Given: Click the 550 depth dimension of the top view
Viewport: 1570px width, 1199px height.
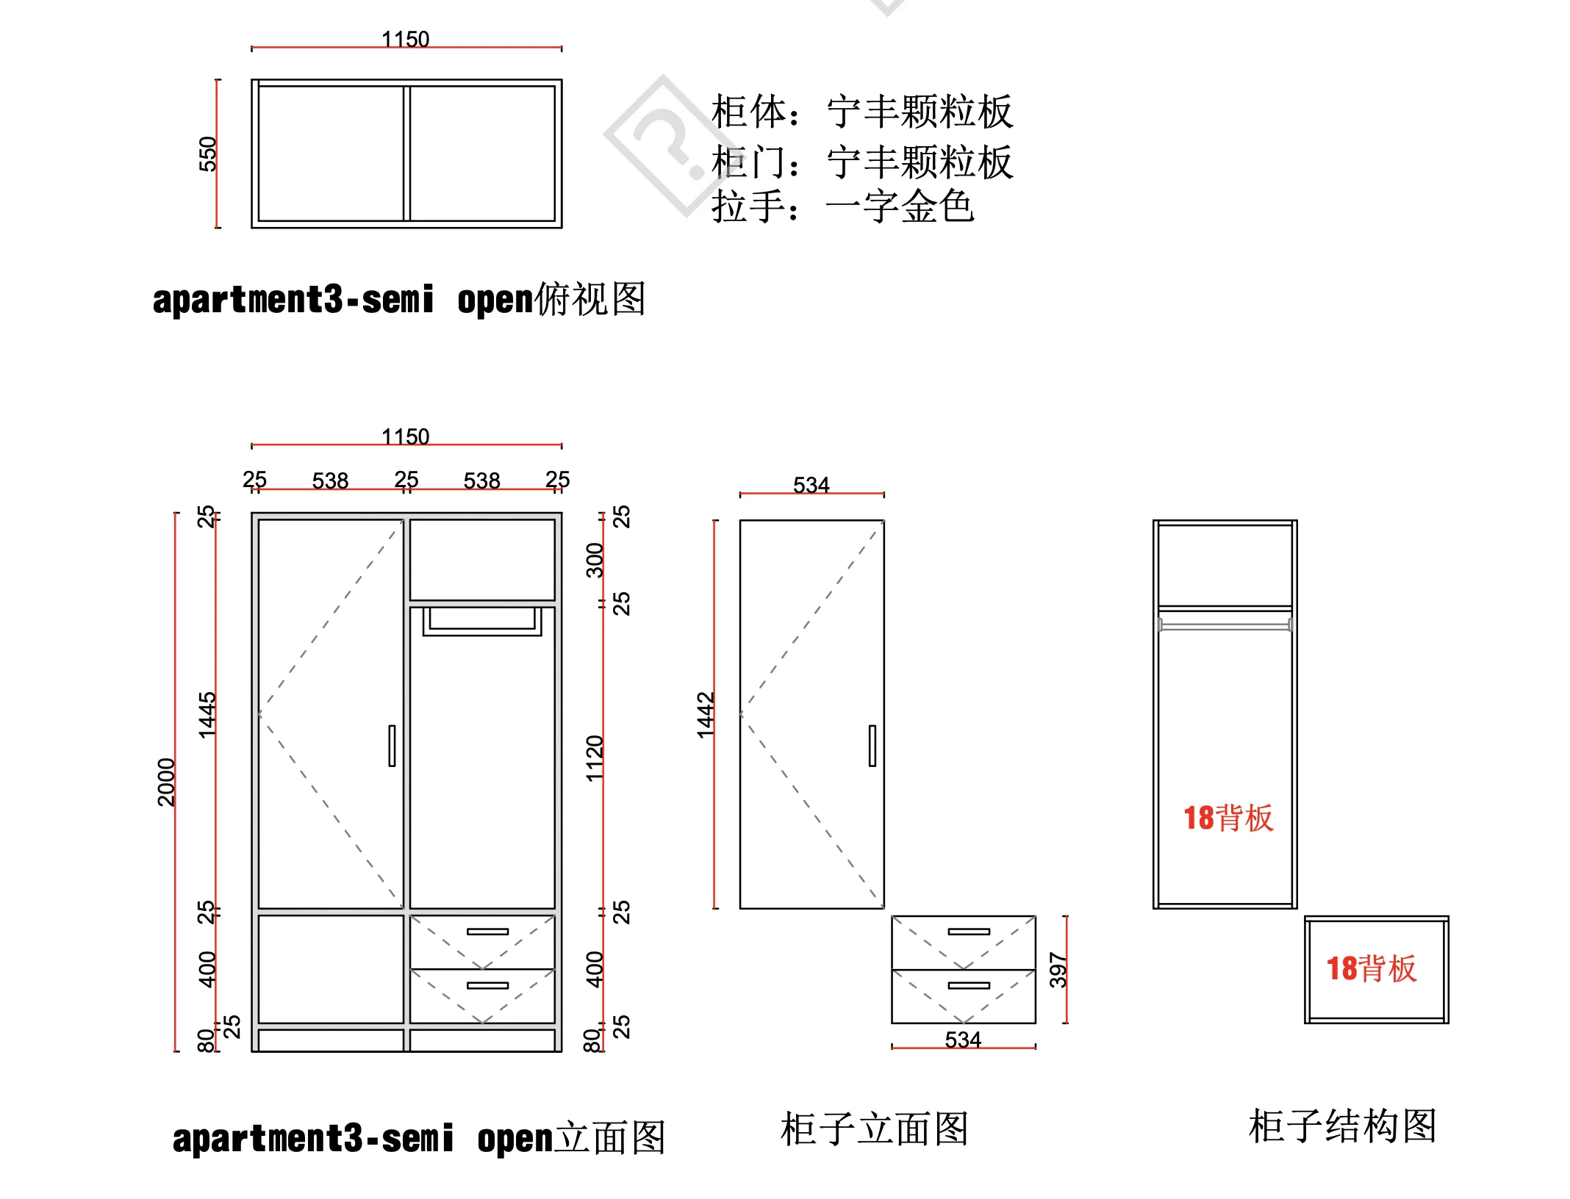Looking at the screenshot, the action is (208, 154).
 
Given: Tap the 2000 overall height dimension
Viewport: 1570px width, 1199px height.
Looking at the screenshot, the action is (167, 782).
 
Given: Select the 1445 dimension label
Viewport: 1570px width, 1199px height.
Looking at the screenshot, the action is (208, 714).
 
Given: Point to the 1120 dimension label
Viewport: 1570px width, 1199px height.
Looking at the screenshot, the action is (595, 758).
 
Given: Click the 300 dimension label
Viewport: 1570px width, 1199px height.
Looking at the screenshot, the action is (595, 560).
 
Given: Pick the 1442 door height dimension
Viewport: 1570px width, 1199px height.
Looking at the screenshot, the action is (706, 714).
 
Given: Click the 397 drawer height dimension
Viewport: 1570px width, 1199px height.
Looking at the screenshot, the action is (1058, 970).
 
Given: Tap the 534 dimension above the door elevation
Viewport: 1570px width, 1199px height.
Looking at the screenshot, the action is (811, 485).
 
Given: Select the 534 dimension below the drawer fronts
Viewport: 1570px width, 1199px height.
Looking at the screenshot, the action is (963, 1040).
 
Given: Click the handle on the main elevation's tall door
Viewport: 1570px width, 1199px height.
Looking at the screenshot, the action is (392, 746).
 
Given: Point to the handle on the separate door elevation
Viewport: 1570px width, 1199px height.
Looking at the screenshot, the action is (872, 746).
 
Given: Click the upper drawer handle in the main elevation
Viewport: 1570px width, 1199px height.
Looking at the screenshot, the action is (487, 932).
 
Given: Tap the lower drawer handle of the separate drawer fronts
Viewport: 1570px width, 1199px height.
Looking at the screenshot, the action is (969, 985).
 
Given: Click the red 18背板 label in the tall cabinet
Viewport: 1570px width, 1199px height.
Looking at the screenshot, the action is (1228, 818).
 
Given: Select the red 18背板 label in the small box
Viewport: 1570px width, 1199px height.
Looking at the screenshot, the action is (1372, 969).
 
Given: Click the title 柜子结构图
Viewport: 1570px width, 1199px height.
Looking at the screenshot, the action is (1342, 1126).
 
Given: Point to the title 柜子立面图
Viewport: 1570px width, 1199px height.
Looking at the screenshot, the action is (874, 1129).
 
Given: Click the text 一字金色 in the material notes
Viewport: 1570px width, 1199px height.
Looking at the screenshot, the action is (900, 206).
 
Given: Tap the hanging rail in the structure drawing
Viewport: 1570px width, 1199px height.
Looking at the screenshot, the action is (1225, 626).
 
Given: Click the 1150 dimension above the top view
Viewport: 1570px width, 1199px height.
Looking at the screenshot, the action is (405, 39).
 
